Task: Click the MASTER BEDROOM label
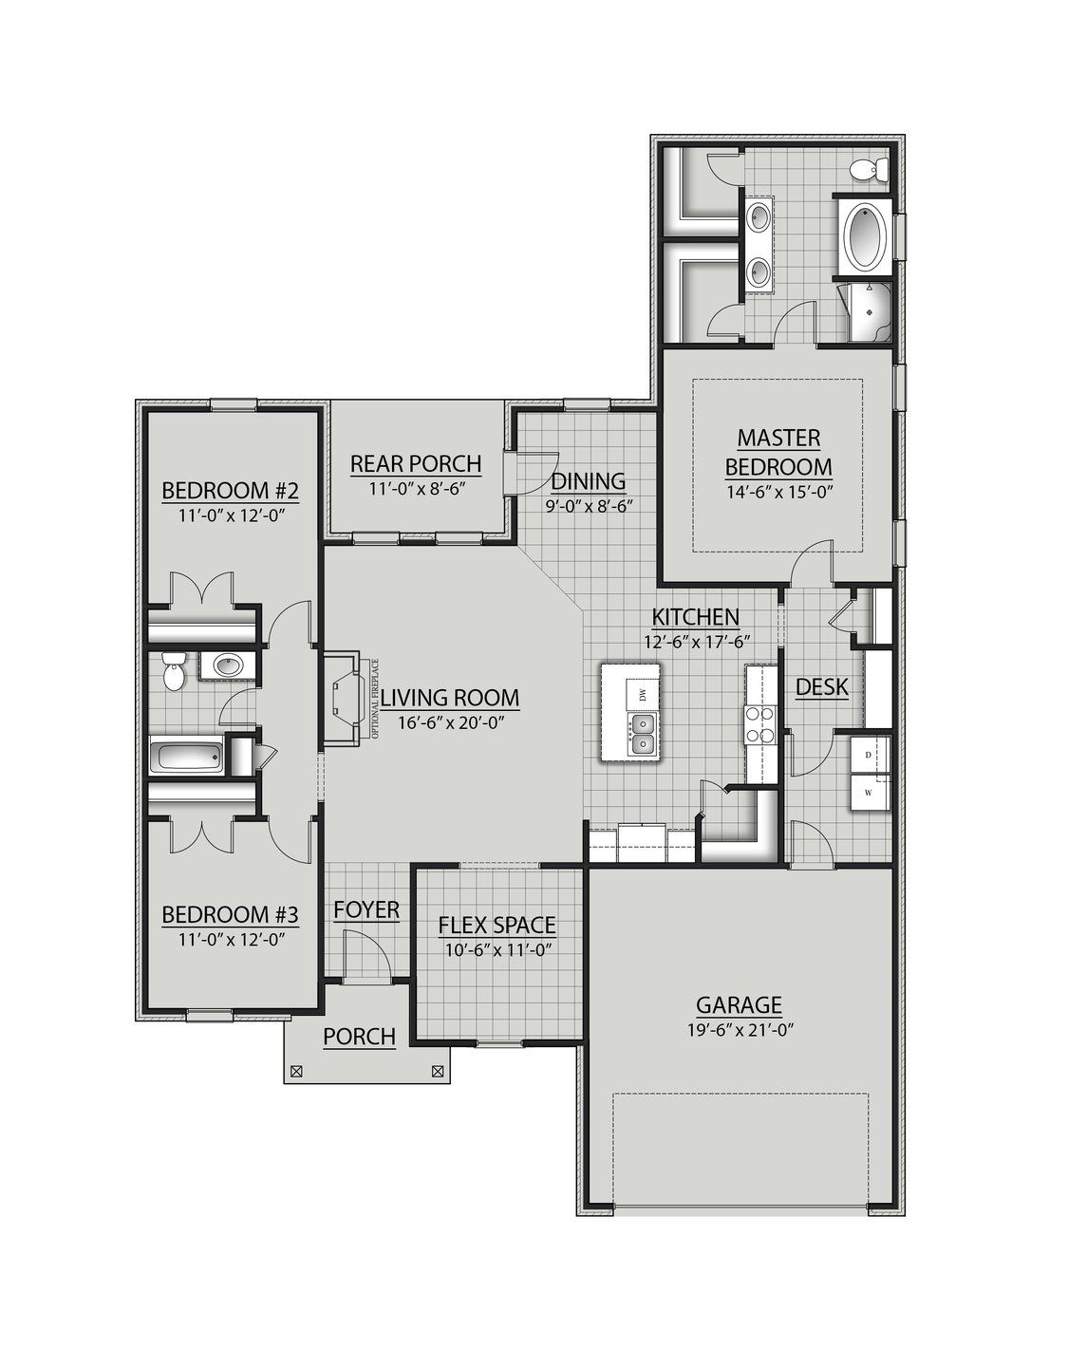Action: [778, 453]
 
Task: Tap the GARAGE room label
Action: [739, 1004]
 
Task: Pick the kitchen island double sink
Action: [643, 729]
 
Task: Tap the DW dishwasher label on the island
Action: [643, 694]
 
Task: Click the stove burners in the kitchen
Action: [760, 723]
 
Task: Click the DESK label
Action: [821, 687]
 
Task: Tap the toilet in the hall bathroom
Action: [173, 671]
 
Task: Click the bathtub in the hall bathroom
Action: [188, 757]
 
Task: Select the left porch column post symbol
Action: [296, 1072]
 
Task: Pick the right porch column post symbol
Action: [438, 1072]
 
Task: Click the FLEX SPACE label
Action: [497, 925]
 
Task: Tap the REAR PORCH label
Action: [416, 464]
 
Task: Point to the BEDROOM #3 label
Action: [231, 914]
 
